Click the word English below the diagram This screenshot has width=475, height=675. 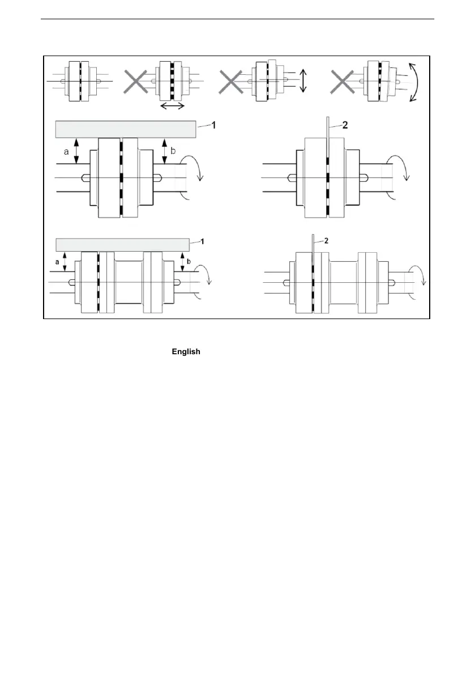[186, 352]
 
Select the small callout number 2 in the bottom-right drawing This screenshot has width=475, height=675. [325, 241]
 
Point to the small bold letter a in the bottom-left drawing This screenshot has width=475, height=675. [57, 262]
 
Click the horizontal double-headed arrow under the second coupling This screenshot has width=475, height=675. [172, 106]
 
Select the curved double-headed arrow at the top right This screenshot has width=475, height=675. [417, 82]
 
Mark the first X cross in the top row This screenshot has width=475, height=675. [135, 82]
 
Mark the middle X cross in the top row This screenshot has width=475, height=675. [232, 82]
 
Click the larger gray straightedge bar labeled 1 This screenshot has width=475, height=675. [125, 129]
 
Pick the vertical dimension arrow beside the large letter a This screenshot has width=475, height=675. [77, 152]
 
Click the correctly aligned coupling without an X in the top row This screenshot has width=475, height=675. [82, 82]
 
